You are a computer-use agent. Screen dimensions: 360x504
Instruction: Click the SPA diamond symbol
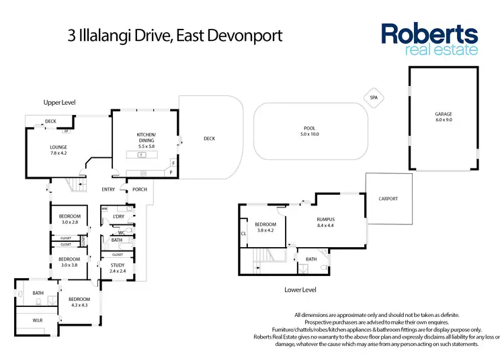point(373,97)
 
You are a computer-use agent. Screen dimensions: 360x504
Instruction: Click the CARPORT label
point(388,199)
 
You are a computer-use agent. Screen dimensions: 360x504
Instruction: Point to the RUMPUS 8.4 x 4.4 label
point(326,222)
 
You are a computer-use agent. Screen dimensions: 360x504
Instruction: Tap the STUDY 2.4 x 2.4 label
point(117,268)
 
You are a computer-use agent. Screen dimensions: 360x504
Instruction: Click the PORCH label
point(140,189)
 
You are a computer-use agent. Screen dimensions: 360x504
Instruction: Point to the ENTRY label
point(108,189)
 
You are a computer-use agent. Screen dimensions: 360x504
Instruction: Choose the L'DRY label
point(118,216)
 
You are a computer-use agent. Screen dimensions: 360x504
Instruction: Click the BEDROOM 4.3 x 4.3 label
point(79,302)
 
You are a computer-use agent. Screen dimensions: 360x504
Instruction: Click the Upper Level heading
point(59,102)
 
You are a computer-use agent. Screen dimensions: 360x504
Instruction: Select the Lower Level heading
point(300,290)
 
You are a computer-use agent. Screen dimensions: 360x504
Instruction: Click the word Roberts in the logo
point(429,34)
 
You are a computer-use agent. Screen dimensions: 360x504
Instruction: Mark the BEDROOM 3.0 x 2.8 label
point(69,219)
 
